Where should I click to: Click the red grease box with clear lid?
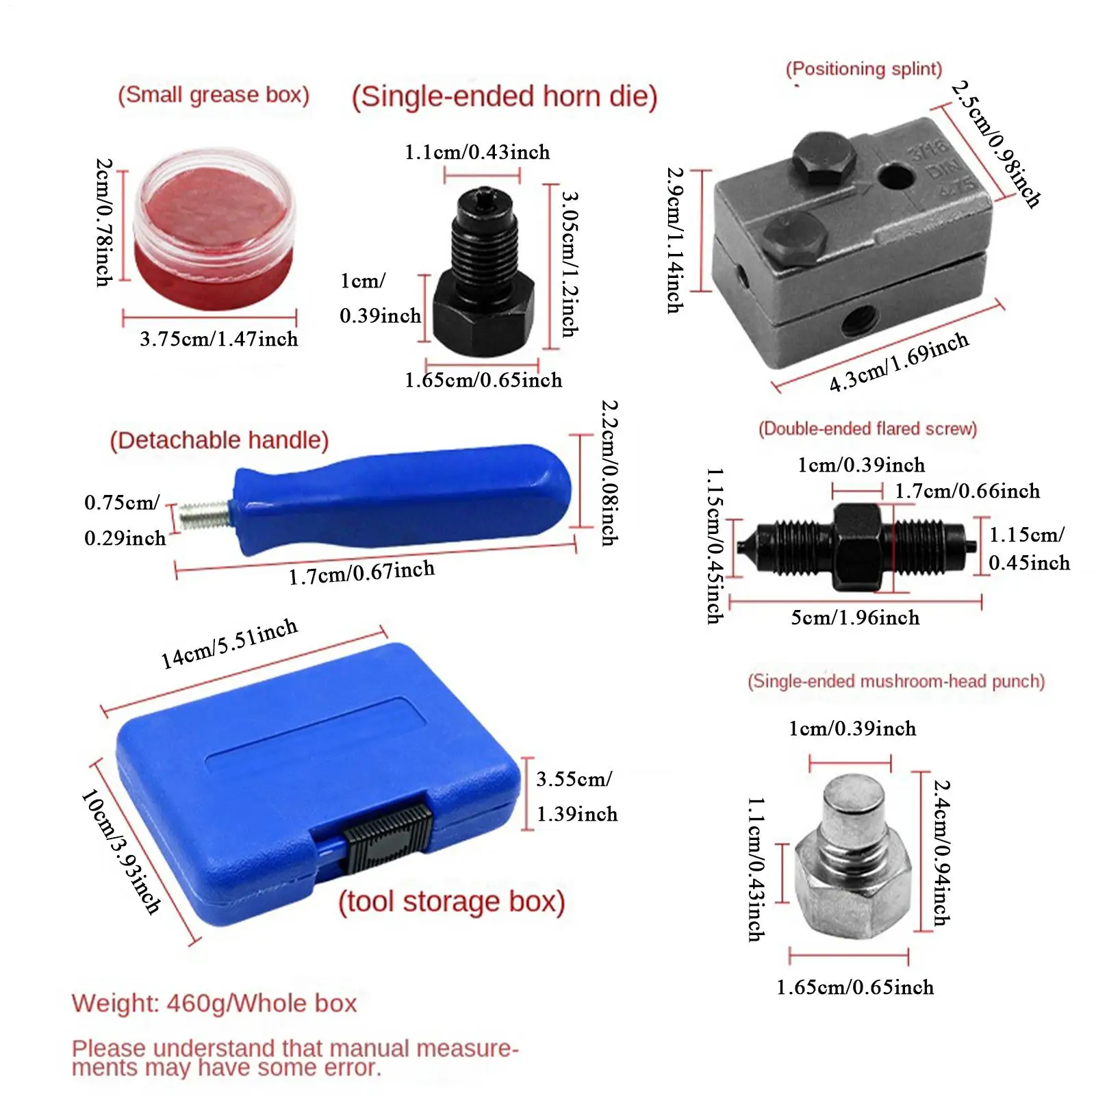pyautogui.click(x=214, y=229)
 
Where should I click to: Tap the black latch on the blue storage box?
pyautogui.click(x=387, y=839)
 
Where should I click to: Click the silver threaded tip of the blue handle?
pyautogui.click(x=204, y=514)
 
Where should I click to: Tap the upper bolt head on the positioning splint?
pyautogui.click(x=824, y=158)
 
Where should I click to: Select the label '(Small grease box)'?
pyautogui.click(x=214, y=94)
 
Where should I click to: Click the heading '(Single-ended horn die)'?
pyautogui.click(x=505, y=97)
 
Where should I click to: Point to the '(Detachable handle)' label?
pyautogui.click(x=219, y=440)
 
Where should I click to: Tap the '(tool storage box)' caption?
pyautogui.click(x=452, y=902)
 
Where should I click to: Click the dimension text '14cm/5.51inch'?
pyautogui.click(x=229, y=643)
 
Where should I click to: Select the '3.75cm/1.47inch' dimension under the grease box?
pyautogui.click(x=219, y=339)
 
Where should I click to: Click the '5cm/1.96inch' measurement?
pyautogui.click(x=855, y=617)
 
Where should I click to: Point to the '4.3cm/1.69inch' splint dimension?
pyautogui.click(x=899, y=362)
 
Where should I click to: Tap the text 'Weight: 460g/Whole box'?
pyautogui.click(x=214, y=1004)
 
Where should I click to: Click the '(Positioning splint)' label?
pyautogui.click(x=864, y=69)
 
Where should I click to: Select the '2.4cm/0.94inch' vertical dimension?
pyautogui.click(x=942, y=853)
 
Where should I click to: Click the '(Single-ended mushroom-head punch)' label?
pyautogui.click(x=896, y=681)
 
